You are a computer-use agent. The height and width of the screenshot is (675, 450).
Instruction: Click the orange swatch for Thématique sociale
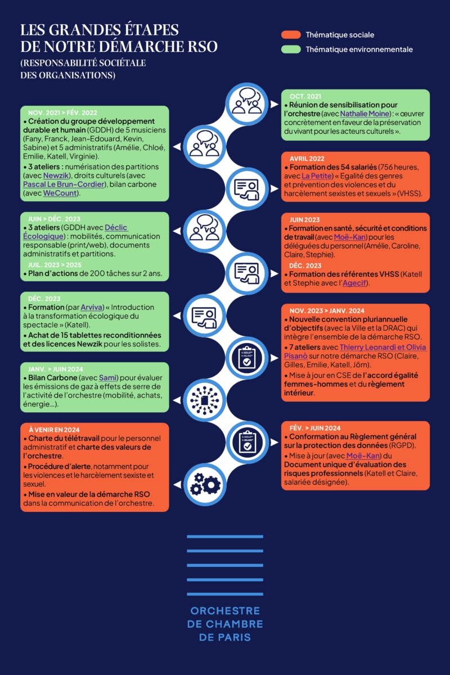pos(291,35)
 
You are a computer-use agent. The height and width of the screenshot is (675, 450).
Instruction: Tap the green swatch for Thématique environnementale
pos(291,49)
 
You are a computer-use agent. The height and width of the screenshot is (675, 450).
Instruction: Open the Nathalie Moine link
pos(364,114)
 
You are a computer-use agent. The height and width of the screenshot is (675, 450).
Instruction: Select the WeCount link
pos(60,193)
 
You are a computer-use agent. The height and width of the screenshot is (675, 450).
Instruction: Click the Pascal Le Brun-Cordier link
pos(64,184)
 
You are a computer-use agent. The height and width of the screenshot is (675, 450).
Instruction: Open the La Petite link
pos(317,175)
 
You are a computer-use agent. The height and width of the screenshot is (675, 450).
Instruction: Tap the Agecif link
pos(354,283)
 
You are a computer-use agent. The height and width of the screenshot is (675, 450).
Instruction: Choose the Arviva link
pos(92,307)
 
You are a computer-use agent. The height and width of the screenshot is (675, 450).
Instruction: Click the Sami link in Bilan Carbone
pos(107,377)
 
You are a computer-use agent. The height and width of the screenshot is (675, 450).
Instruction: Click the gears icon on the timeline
pos(205,484)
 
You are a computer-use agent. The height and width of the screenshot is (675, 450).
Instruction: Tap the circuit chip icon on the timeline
pos(205,400)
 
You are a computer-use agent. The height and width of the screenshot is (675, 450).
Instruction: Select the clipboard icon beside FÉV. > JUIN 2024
pos(247,442)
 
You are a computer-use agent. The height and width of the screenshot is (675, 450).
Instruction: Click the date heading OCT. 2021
pos(305,96)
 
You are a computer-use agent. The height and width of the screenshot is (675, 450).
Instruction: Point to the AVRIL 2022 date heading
pos(307,159)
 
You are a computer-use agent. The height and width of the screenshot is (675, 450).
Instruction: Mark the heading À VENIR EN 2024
pos(54,430)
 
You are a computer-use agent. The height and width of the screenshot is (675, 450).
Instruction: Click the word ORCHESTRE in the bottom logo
pos(225,611)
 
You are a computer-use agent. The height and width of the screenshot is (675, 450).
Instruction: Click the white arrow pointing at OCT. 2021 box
pos(274,104)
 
